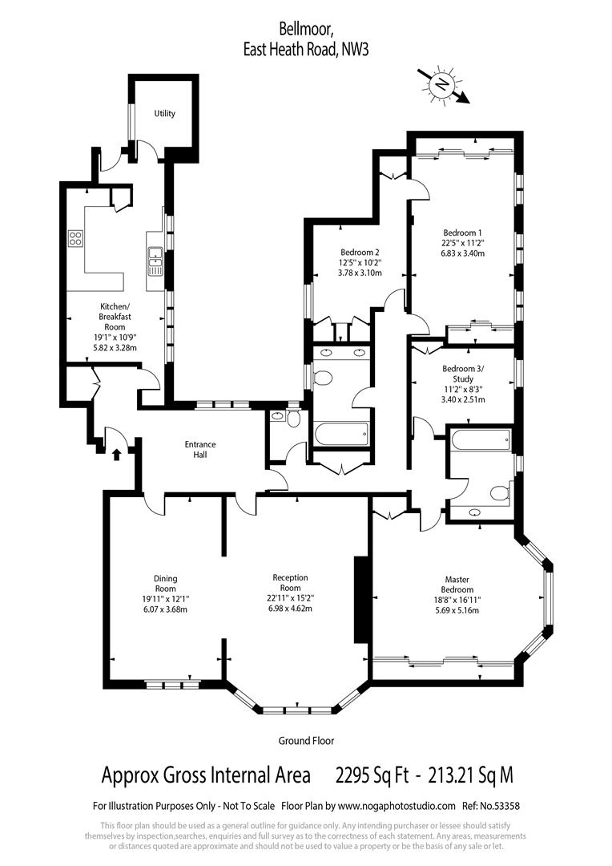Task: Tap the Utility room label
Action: tap(165, 114)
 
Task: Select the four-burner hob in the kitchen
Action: tap(76, 237)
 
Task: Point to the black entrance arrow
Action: tap(118, 455)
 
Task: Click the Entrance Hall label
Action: tap(200, 450)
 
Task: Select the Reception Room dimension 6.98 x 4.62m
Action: tap(290, 609)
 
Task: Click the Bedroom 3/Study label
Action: tap(463, 374)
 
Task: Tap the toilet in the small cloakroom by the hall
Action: tap(293, 419)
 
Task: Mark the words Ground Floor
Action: tap(306, 741)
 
